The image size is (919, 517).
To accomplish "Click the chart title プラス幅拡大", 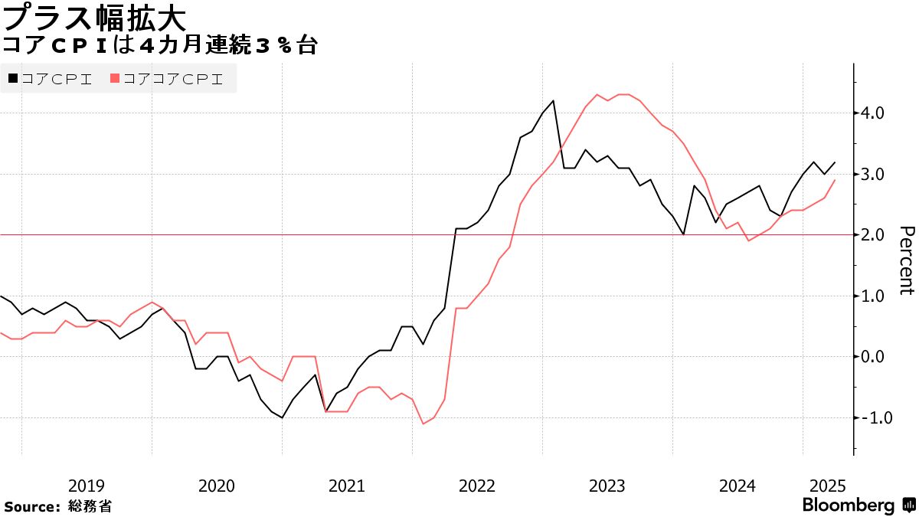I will (93, 16).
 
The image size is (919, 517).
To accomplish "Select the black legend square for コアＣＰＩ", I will (12, 78).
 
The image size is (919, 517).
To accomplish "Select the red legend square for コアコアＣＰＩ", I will (115, 78).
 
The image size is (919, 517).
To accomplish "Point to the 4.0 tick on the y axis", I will (873, 113).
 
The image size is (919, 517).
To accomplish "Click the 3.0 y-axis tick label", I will (873, 174).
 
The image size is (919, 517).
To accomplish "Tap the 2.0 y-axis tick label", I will (873, 235).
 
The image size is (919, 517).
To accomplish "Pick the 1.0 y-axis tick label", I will (873, 296).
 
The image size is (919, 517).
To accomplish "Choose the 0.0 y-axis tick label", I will (873, 357).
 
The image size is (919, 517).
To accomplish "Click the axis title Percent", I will (906, 260).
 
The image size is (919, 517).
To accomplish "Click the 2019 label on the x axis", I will (87, 486).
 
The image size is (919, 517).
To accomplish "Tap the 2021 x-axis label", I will (347, 486).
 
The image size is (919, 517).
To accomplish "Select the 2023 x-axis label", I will (607, 486).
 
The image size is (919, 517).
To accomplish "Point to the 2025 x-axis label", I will (827, 486).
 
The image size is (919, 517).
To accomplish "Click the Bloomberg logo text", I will (849, 506).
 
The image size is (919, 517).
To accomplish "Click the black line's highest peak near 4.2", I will (553, 100).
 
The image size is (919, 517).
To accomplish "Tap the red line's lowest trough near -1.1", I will (423, 424).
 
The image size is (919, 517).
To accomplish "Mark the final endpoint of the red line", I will (835, 180).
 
